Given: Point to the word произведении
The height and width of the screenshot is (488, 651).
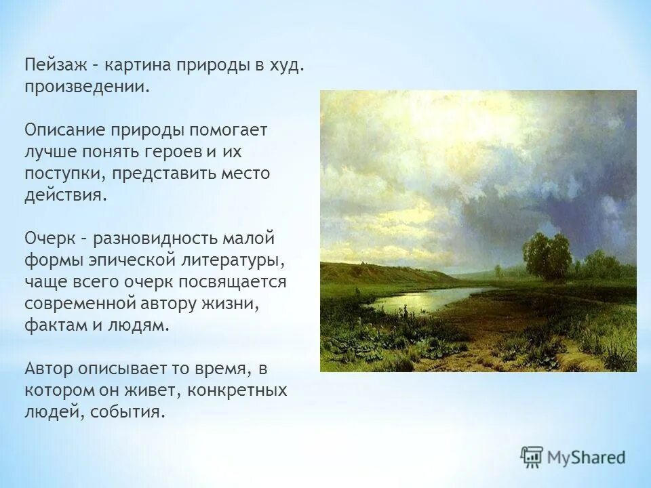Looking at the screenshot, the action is (x=86, y=87).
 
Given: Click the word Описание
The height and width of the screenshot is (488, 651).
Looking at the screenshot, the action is (x=64, y=130).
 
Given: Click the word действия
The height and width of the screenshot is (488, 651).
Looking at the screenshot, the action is (x=66, y=195).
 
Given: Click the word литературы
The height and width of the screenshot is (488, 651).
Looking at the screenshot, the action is (x=233, y=260).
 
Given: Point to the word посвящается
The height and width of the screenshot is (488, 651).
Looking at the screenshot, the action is (x=233, y=282).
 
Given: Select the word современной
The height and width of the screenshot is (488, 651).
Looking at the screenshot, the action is (x=79, y=304).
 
